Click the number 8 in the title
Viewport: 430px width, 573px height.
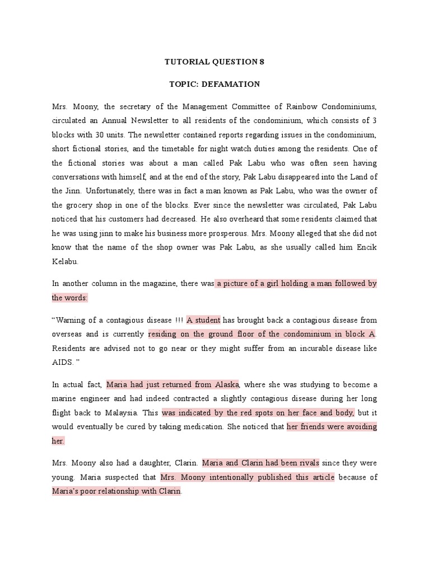[x=261, y=62]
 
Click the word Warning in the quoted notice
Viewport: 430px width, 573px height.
[x=74, y=320]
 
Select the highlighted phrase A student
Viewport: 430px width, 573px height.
[x=204, y=320]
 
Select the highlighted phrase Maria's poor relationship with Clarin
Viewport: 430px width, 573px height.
[x=117, y=491]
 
